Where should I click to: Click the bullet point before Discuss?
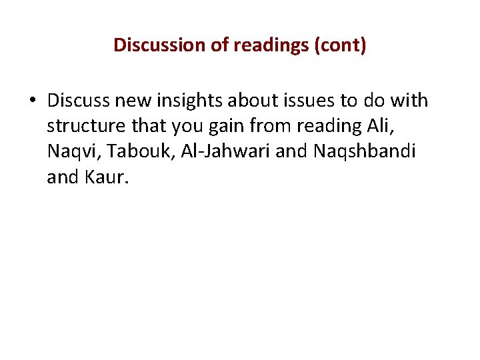click(32, 101)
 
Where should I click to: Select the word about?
click(251, 101)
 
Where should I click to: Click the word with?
click(410, 101)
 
